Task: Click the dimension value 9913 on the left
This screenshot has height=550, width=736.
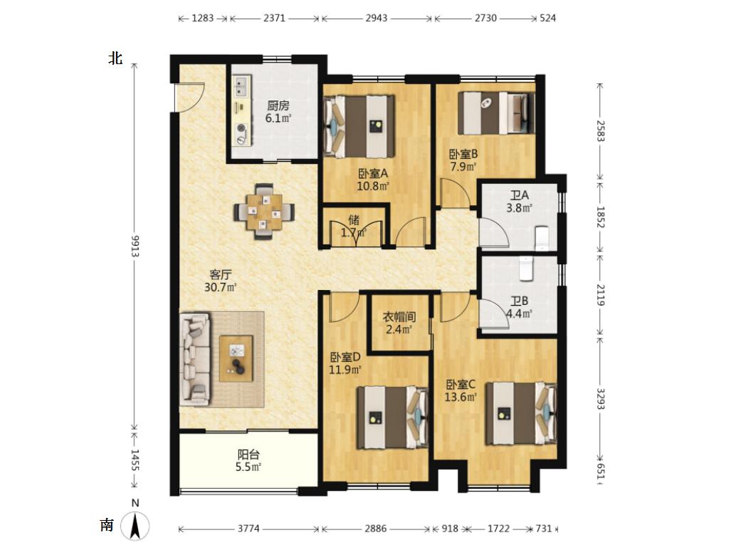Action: pyautogui.click(x=135, y=246)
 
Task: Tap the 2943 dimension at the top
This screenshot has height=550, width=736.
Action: pyautogui.click(x=377, y=18)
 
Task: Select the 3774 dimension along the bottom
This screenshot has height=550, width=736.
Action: pyautogui.click(x=248, y=529)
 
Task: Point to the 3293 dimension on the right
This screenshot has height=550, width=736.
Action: pyautogui.click(x=600, y=398)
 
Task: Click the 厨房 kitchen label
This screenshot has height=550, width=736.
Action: pyautogui.click(x=278, y=105)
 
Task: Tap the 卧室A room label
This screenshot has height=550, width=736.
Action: pyautogui.click(x=373, y=173)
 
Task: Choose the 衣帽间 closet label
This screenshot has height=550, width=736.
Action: pyautogui.click(x=399, y=316)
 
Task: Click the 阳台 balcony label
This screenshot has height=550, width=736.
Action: pyautogui.click(x=248, y=455)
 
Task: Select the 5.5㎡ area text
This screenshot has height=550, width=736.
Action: pyautogui.click(x=248, y=467)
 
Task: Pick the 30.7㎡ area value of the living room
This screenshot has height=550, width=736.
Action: pyautogui.click(x=220, y=287)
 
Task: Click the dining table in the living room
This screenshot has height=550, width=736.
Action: pyautogui.click(x=264, y=212)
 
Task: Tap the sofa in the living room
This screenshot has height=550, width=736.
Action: pyautogui.click(x=195, y=359)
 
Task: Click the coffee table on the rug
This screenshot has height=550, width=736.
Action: pyautogui.click(x=236, y=358)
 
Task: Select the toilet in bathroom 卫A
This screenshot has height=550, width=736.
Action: pyautogui.click(x=542, y=238)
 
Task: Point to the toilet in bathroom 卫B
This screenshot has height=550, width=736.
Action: pyautogui.click(x=526, y=269)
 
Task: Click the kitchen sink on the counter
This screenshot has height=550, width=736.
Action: pyautogui.click(x=242, y=86)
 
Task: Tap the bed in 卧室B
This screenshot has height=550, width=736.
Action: pyautogui.click(x=496, y=113)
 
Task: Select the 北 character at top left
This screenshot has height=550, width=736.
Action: pyautogui.click(x=115, y=58)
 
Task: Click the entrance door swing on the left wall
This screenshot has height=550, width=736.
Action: pyautogui.click(x=189, y=97)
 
